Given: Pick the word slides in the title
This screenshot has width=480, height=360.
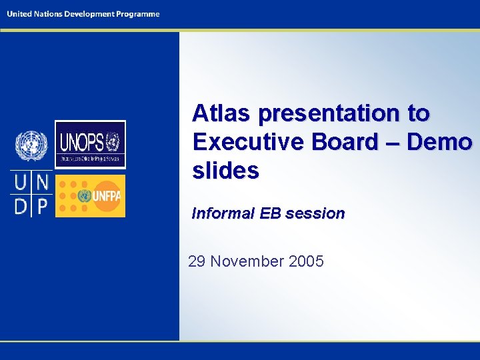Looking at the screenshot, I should (225, 171).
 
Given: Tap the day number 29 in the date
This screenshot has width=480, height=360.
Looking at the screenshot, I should (197, 261).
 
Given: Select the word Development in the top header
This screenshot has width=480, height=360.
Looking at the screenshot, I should (90, 15).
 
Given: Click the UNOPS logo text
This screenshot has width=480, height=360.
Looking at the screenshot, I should (81, 142).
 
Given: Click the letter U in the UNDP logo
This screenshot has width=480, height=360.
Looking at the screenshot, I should (21, 181).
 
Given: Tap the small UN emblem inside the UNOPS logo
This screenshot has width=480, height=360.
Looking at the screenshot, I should (113, 141).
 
